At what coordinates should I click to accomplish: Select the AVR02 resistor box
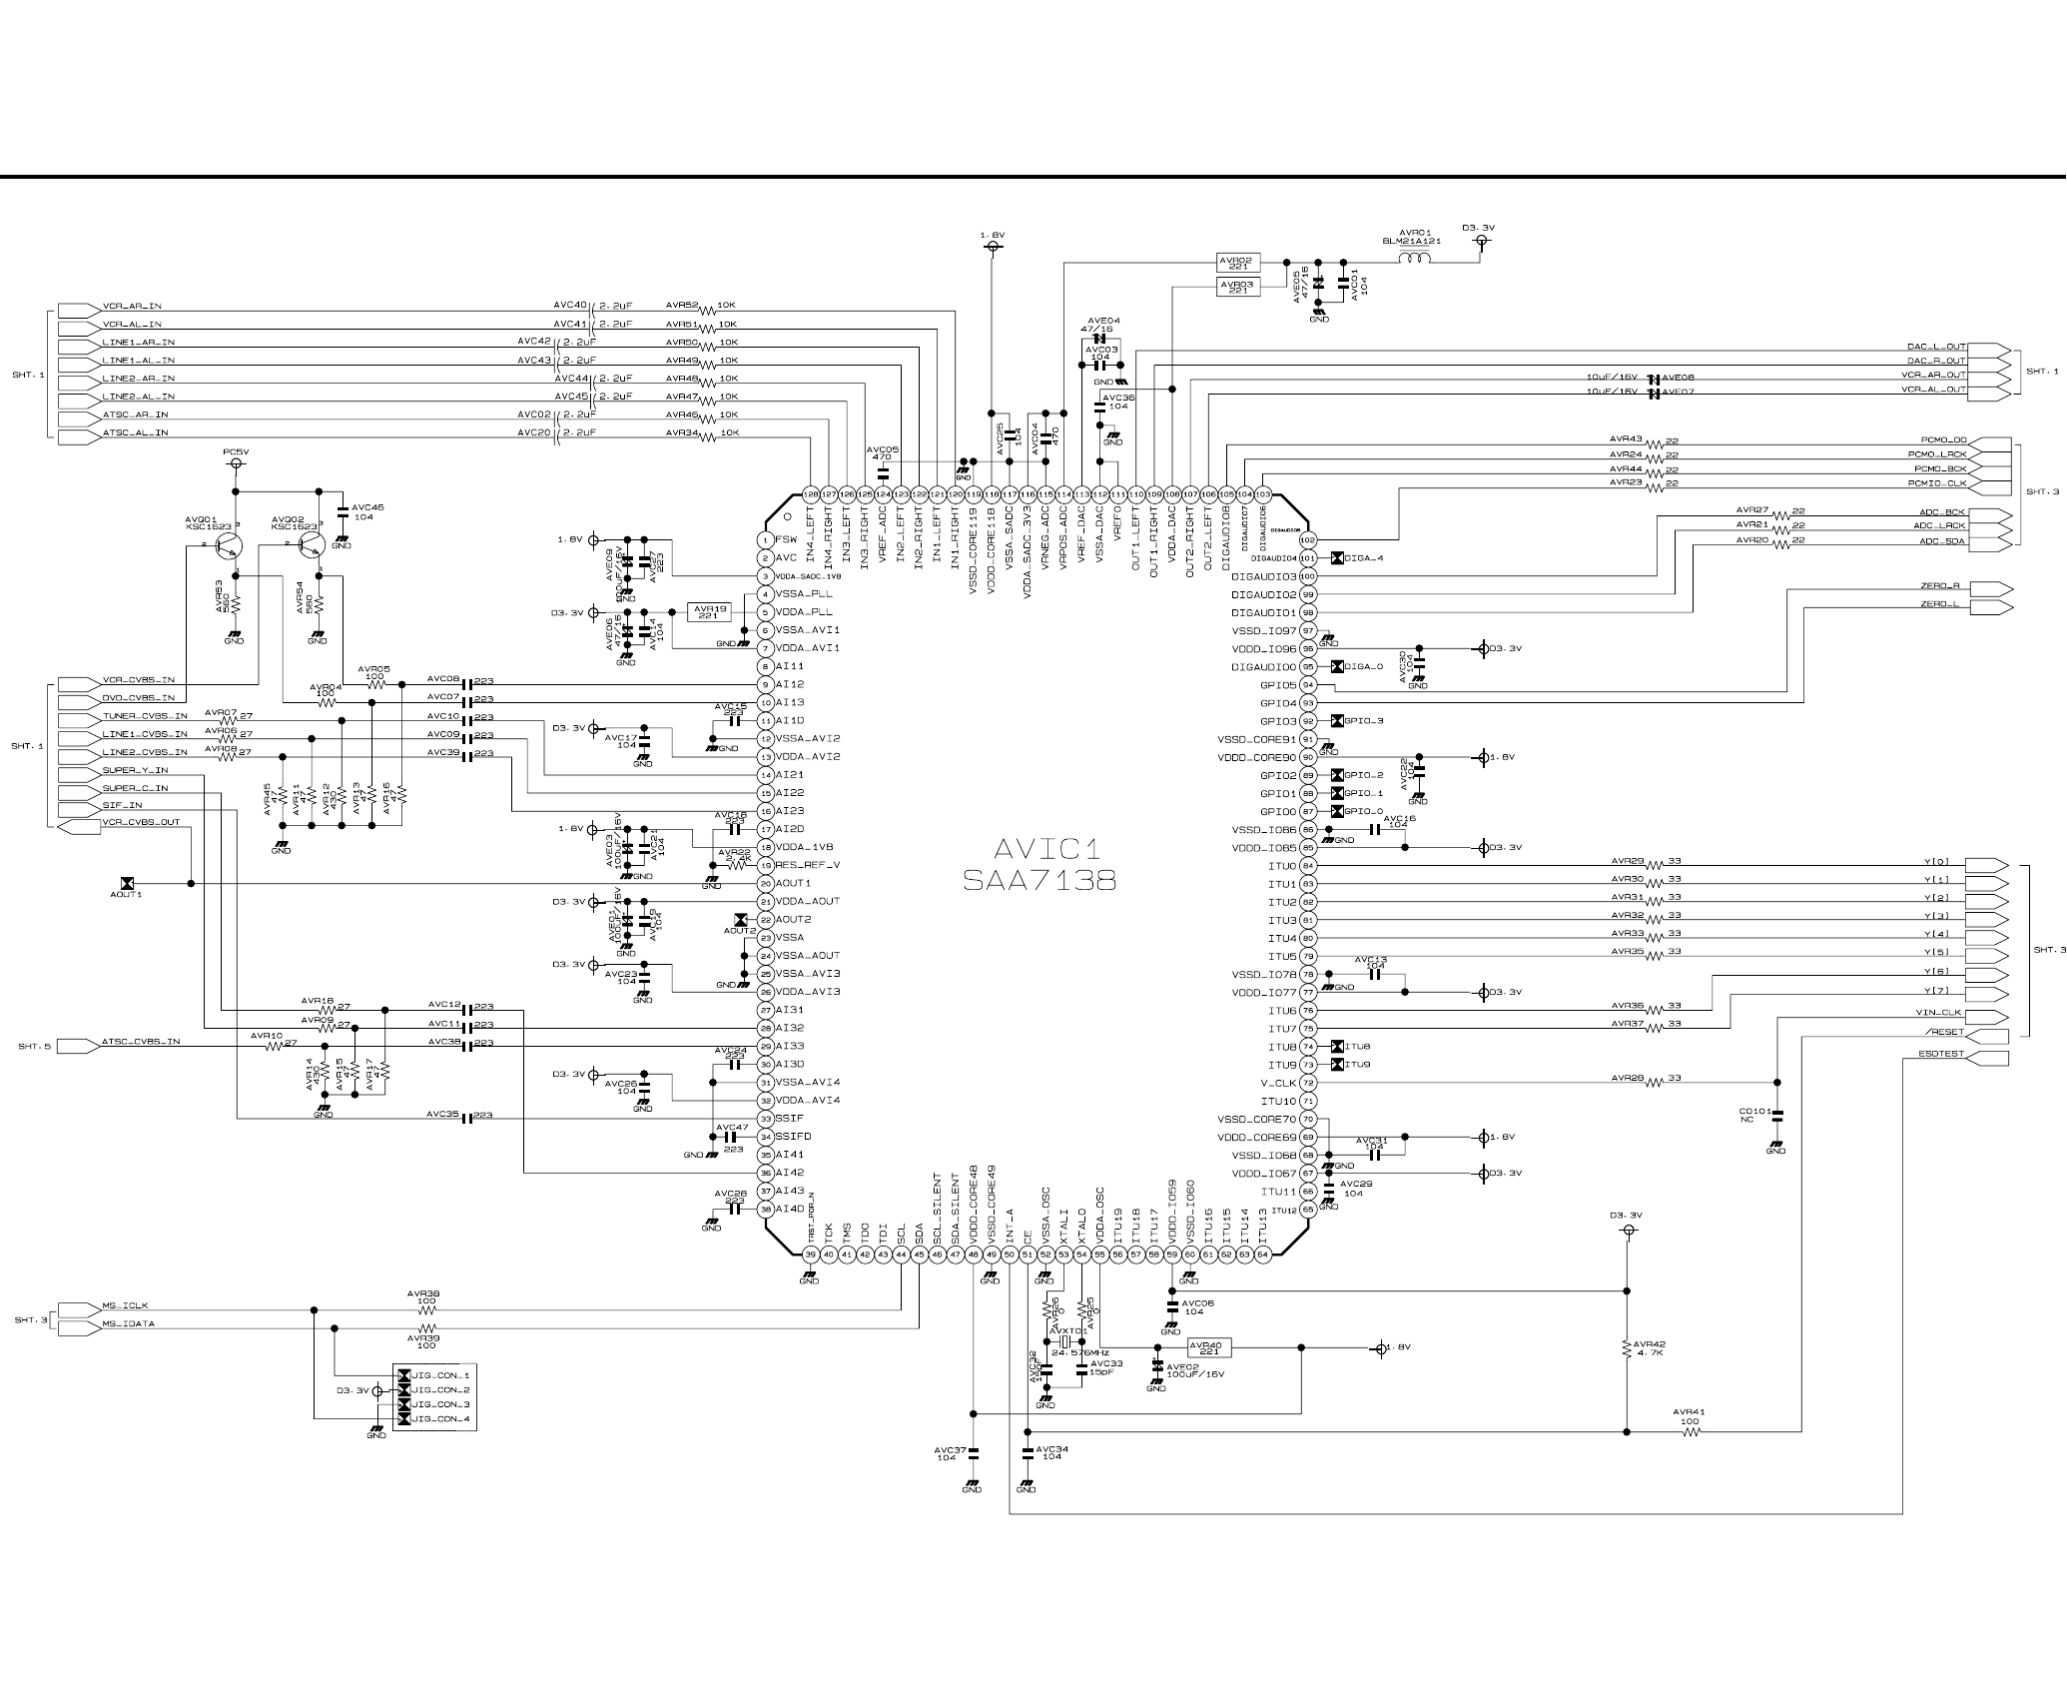click(1239, 263)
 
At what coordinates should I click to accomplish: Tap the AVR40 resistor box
click(1209, 1348)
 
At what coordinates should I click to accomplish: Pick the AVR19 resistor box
click(711, 611)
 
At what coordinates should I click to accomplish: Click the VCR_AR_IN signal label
click(132, 306)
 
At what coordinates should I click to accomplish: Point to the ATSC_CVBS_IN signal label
click(141, 1042)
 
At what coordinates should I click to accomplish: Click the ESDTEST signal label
click(1941, 1054)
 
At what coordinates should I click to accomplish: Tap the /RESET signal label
click(1946, 1032)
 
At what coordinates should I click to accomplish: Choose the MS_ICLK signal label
click(126, 1305)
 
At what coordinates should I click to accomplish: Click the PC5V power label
click(236, 452)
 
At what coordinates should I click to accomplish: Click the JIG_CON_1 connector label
click(440, 1375)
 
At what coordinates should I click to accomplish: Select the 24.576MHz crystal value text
click(1080, 1352)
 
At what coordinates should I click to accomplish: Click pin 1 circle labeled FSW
click(765, 539)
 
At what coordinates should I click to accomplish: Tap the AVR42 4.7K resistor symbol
click(1627, 1348)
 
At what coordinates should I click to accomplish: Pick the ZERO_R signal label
click(1940, 586)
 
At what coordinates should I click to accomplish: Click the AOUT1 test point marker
click(127, 883)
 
